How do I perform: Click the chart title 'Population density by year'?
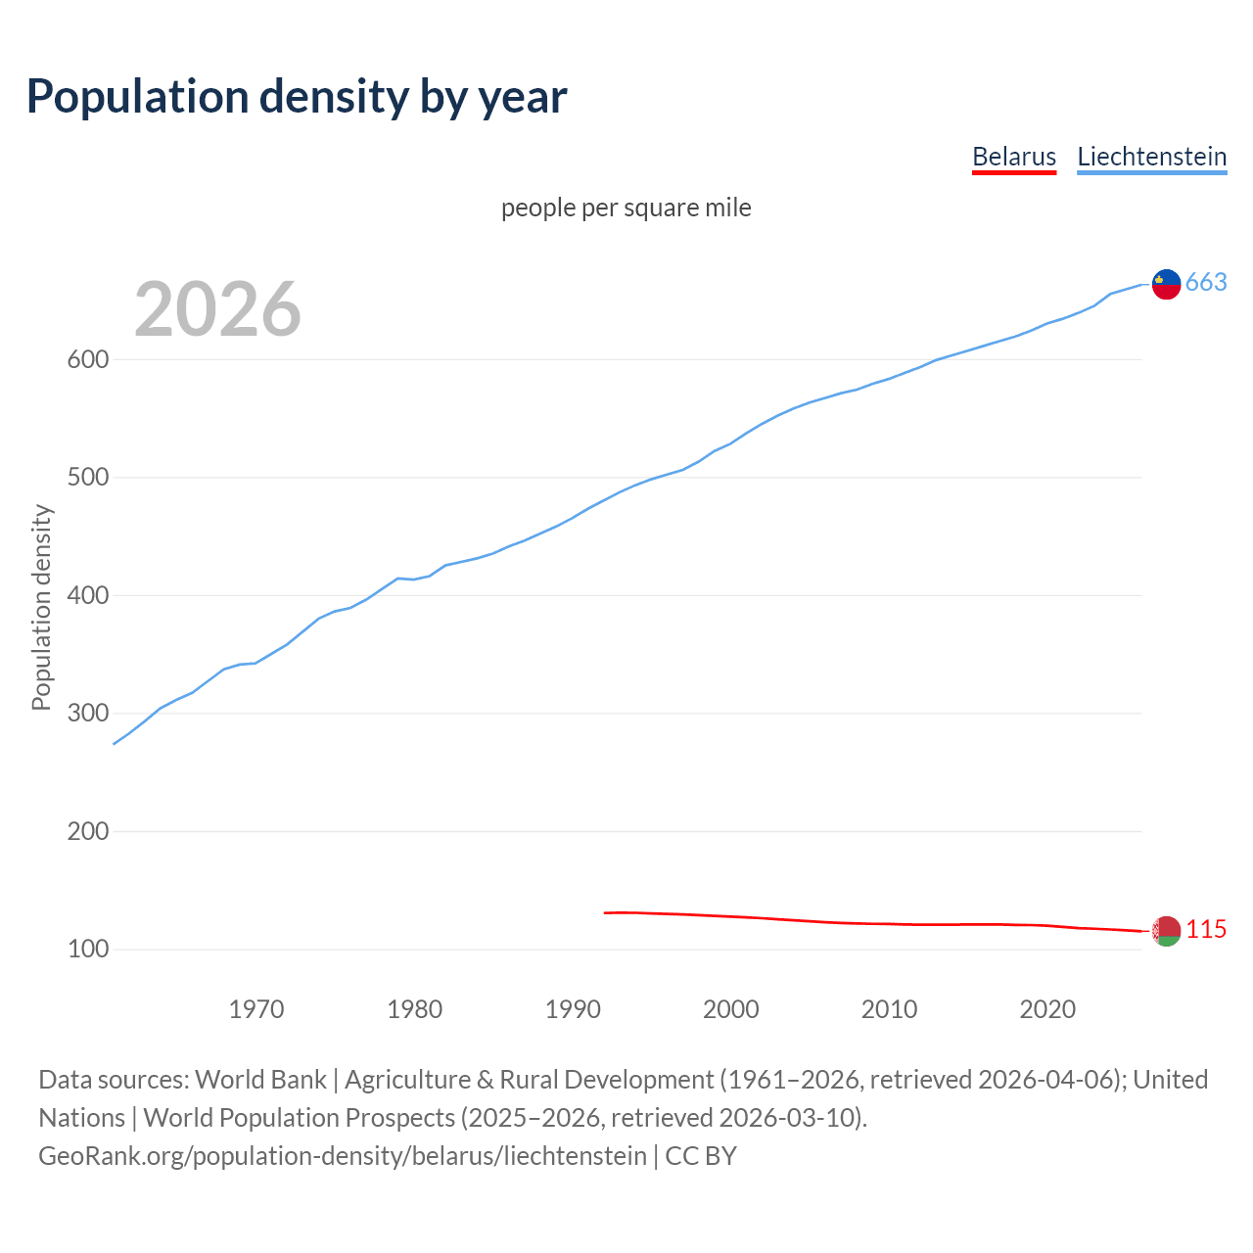click(x=297, y=96)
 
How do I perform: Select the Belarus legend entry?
click(x=1013, y=157)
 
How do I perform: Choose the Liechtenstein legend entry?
click(x=1151, y=157)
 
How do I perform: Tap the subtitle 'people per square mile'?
click(x=626, y=208)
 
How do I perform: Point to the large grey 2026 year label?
click(x=217, y=309)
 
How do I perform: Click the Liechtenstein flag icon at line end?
click(x=1166, y=283)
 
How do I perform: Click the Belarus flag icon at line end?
click(x=1166, y=931)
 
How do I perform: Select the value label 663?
click(x=1206, y=282)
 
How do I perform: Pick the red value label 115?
click(x=1206, y=929)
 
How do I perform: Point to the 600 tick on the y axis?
click(x=87, y=359)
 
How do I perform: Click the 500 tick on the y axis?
click(x=87, y=478)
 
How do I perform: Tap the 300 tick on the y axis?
click(x=87, y=713)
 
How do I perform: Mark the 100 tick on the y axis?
click(x=87, y=949)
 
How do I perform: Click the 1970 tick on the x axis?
click(x=256, y=1008)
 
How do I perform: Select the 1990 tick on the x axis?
click(x=573, y=1008)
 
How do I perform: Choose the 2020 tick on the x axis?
click(x=1047, y=1008)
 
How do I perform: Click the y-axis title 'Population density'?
click(x=41, y=607)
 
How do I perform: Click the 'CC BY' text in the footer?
click(x=701, y=1155)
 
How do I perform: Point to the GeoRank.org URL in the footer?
click(x=343, y=1155)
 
